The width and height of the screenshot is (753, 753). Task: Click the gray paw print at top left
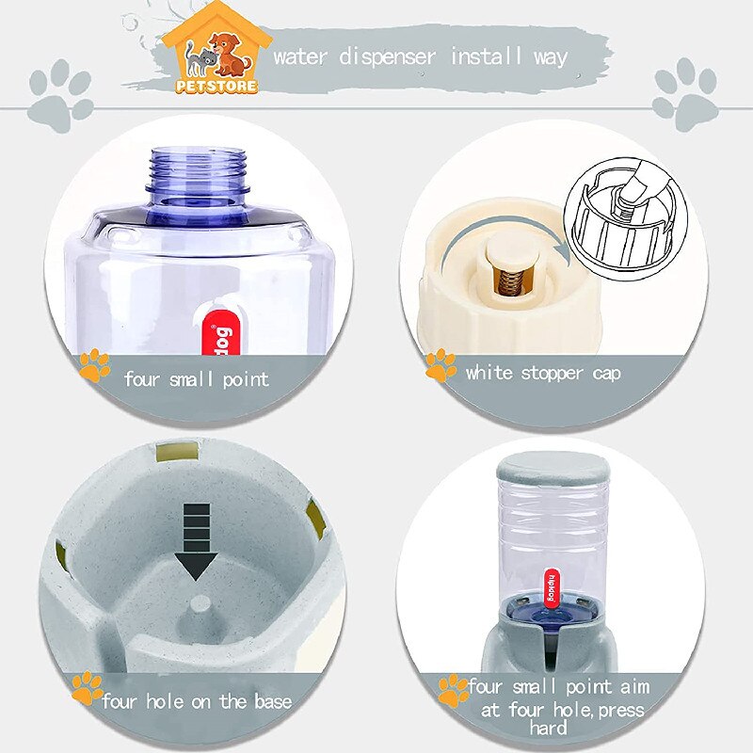tap(60, 95)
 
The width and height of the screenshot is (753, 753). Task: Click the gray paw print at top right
tap(685, 93)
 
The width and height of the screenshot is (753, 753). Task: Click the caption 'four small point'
tap(196, 379)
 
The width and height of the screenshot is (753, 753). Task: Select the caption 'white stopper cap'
tap(542, 373)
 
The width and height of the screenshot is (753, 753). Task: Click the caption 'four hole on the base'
tap(197, 701)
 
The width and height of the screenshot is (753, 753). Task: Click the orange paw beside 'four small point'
tap(94, 365)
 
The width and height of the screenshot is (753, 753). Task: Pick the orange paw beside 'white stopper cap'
tap(440, 365)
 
